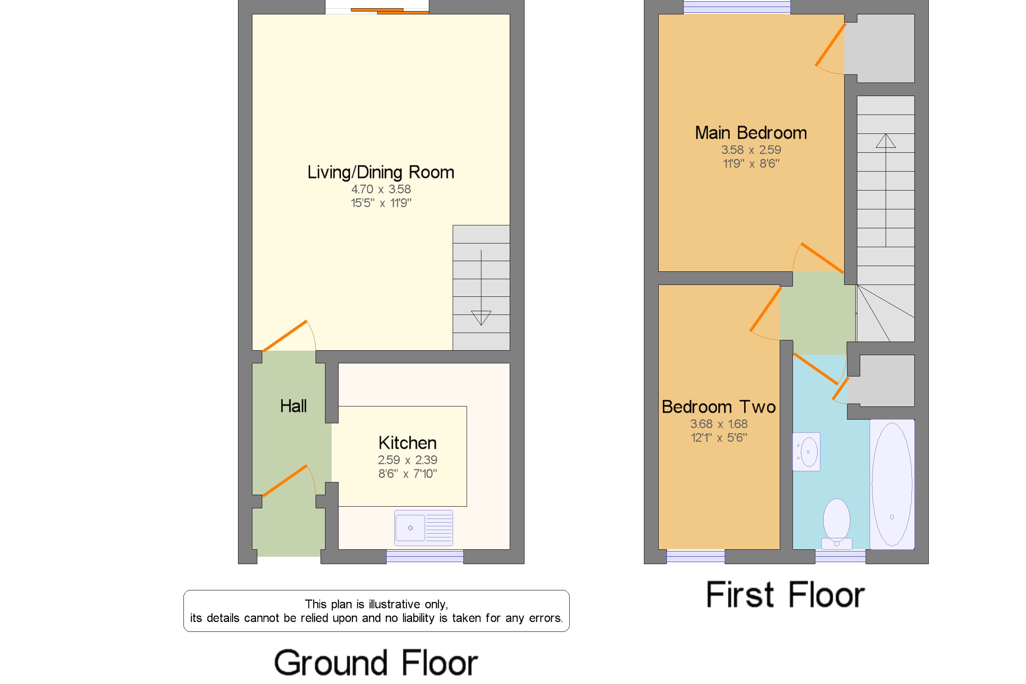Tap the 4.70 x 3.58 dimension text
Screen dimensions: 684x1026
381,189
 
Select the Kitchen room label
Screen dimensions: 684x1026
407,443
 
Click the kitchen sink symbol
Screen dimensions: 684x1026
423,528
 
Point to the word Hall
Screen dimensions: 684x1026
293,406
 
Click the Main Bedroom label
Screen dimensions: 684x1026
751,133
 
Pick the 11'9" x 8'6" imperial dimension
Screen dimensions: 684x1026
751,163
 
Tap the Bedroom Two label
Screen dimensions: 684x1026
718,407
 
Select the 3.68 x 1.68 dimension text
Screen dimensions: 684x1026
718,424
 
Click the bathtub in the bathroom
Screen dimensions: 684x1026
891,484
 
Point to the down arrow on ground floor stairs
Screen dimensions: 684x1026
481,317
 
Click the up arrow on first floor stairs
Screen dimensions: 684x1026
885,141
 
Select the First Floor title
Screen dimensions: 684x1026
785,595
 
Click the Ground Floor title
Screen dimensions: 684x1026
376,663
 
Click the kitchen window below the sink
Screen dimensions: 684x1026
424,556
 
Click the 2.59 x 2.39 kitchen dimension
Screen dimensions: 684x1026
407,460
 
